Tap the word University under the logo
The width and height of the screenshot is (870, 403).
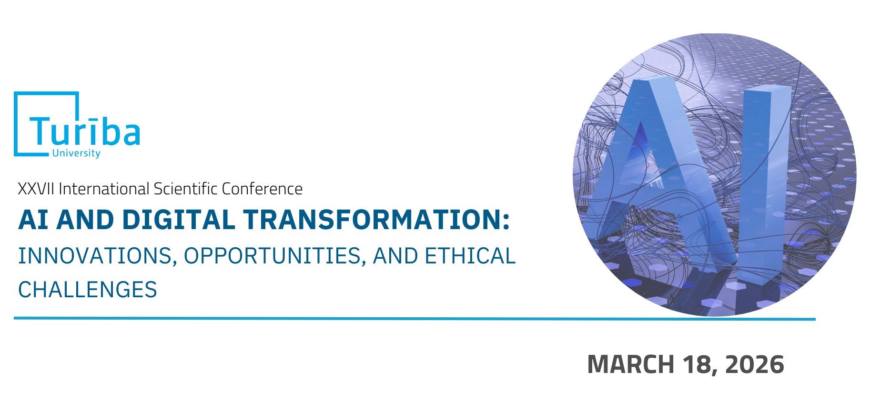tap(76, 153)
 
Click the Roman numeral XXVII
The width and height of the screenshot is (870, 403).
tap(36, 189)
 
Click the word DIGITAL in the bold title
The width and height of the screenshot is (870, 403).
tap(179, 220)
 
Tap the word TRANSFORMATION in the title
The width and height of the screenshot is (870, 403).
tap(372, 220)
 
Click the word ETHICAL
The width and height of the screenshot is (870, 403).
tap(470, 256)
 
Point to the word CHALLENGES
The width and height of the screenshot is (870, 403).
tap(88, 290)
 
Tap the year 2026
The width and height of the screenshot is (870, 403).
tap(755, 364)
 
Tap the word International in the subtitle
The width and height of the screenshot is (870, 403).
tap(104, 189)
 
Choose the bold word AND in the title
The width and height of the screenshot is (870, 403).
tap(85, 220)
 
